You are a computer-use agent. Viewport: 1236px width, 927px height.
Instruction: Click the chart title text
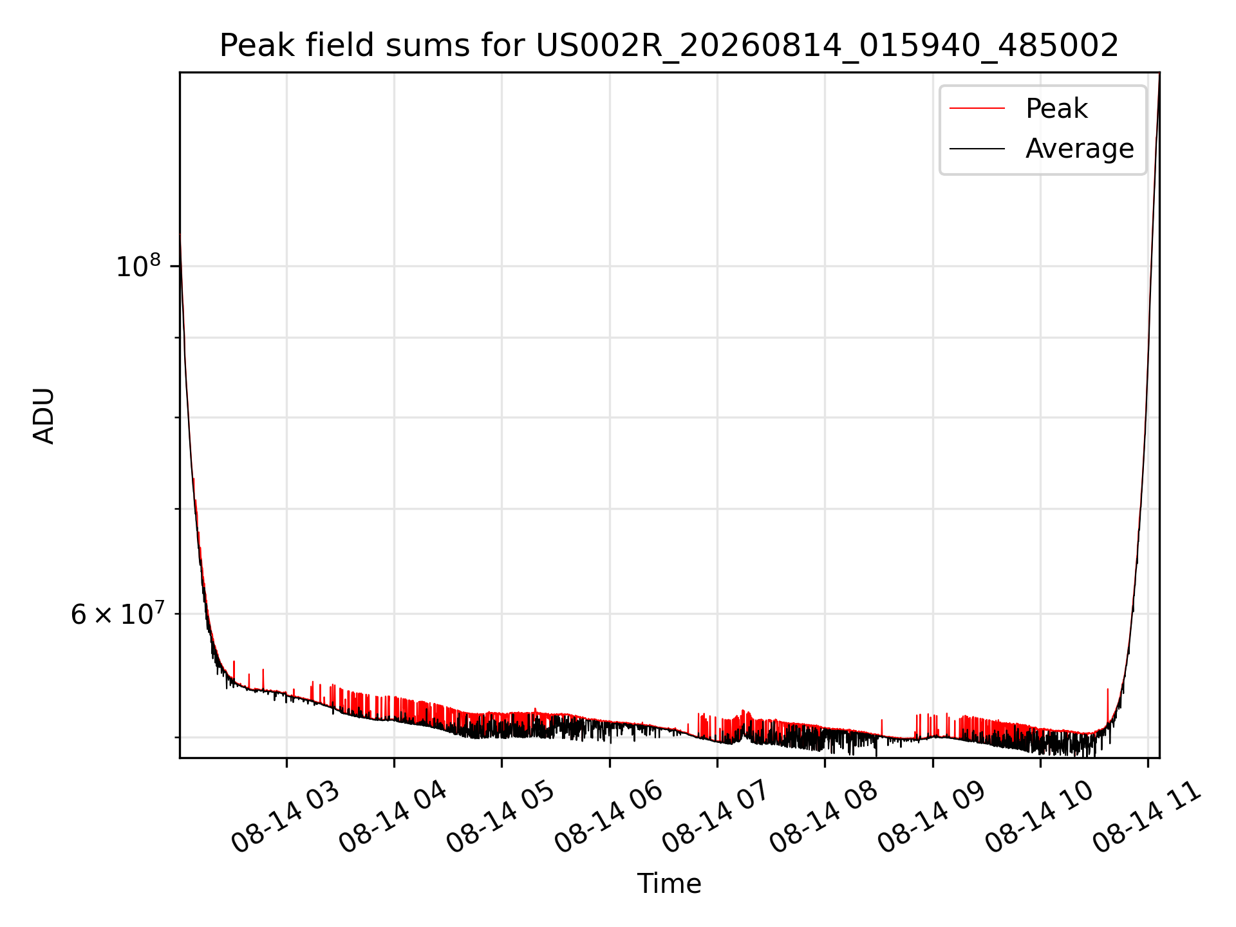point(669,46)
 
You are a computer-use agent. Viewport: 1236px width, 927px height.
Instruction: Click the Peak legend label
point(1056,109)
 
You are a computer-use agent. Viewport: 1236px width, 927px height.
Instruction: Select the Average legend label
point(1080,149)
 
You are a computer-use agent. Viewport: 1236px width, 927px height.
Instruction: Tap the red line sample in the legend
point(977,109)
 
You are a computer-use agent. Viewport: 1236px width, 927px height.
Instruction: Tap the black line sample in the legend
point(977,149)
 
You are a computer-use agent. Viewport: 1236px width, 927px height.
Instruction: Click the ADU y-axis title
point(44,415)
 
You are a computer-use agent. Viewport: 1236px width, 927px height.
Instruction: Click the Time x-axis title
point(669,883)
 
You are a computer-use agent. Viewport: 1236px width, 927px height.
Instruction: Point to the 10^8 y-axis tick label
point(138,265)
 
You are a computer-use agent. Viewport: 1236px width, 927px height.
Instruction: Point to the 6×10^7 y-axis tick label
point(117,613)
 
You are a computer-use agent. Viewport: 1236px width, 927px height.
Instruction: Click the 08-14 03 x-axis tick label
point(286,818)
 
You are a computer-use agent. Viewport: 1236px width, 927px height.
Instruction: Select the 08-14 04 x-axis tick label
point(393,818)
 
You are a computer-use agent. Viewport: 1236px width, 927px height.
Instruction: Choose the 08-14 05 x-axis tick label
point(501,818)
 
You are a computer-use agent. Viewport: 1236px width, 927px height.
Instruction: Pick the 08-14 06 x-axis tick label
point(609,818)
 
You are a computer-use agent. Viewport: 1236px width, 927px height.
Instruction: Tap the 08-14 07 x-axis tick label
point(716,818)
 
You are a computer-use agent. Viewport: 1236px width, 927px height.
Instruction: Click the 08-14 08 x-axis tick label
point(824,818)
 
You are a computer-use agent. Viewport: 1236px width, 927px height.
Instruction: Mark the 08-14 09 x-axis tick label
point(932,818)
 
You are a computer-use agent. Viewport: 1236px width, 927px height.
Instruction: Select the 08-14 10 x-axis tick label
point(1040,818)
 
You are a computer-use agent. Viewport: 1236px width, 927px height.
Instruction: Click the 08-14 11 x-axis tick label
point(1147,818)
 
